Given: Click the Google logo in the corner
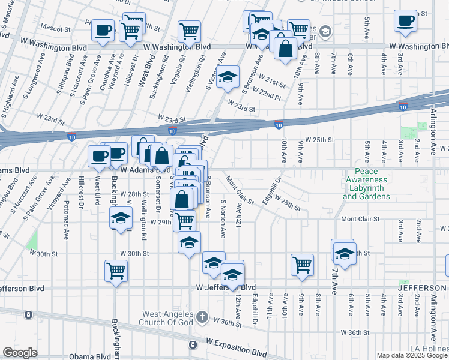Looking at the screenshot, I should (x=20, y=353).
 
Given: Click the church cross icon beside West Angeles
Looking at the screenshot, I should (x=203, y=316).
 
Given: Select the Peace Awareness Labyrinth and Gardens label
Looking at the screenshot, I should (x=367, y=184).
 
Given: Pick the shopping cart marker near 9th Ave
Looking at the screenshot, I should (x=302, y=264).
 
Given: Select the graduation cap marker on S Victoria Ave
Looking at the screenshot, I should (x=228, y=77).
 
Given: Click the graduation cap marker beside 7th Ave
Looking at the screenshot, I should (x=344, y=254).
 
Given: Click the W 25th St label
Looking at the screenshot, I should (x=319, y=139).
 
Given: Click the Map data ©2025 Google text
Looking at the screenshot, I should (x=412, y=355).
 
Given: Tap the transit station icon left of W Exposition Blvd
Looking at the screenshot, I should (x=192, y=345).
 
